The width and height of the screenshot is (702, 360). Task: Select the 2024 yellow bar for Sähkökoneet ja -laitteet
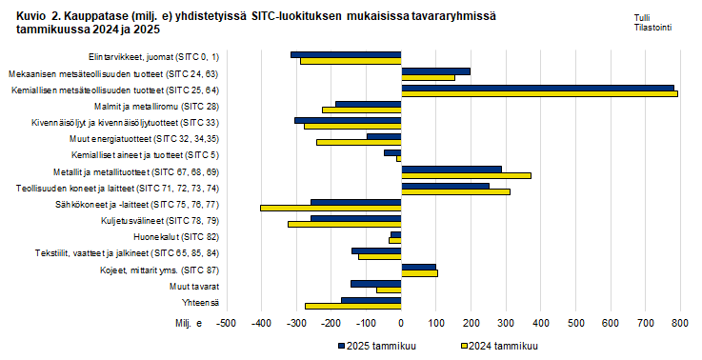[330, 208]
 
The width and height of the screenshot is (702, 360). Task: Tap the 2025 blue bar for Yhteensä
[371, 300]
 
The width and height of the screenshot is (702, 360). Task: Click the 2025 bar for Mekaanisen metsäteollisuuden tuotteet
[435, 70]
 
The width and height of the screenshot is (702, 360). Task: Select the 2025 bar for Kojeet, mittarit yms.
[418, 268]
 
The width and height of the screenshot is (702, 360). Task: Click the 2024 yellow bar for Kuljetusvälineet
[344, 224]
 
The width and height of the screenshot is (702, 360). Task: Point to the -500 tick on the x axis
[227, 324]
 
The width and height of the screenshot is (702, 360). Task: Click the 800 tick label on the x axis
[679, 324]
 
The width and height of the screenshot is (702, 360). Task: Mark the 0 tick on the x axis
[401, 324]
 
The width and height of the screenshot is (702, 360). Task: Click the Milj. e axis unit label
[187, 324]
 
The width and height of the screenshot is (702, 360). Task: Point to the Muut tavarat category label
[194, 286]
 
